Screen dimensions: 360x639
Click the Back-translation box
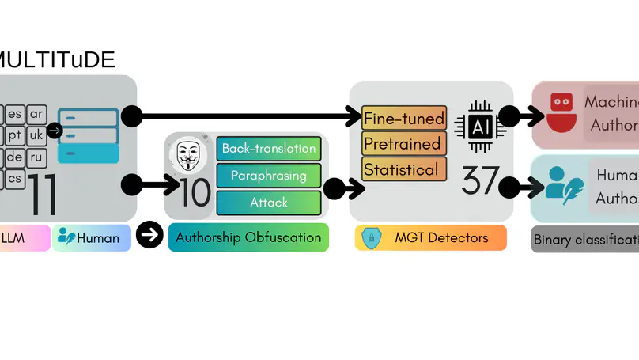(269, 149)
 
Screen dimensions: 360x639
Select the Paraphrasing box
(269, 176)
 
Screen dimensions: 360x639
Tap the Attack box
(269, 203)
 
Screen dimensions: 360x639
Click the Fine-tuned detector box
(404, 119)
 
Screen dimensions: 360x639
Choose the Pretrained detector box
(403, 144)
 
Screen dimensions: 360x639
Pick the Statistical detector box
(401, 169)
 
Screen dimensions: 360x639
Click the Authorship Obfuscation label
(248, 237)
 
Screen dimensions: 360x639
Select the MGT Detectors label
(430, 237)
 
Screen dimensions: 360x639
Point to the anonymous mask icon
(187, 156)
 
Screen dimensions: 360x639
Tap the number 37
(480, 181)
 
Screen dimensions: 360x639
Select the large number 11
(43, 195)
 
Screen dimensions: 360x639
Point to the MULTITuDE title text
(57, 59)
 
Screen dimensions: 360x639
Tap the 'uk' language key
(36, 135)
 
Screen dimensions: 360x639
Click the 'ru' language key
(36, 157)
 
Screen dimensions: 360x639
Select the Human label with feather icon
(91, 237)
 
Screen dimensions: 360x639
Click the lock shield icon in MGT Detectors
(371, 237)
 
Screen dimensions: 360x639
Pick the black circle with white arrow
(149, 235)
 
